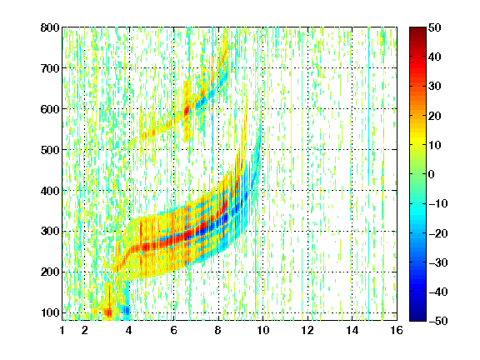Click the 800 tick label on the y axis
50,27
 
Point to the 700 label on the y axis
50,68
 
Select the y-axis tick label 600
50,109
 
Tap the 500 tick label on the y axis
50,150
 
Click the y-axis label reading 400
50,191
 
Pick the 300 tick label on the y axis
50,232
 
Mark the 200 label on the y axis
50,272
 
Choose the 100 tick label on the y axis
50,313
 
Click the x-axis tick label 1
62,331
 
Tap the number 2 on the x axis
85,331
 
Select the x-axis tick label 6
174,331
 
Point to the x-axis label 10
263,331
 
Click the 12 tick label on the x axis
307,331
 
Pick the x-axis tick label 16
397,331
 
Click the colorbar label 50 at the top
435,27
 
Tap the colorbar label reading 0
432,174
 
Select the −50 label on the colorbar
438,321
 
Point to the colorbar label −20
438,233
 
